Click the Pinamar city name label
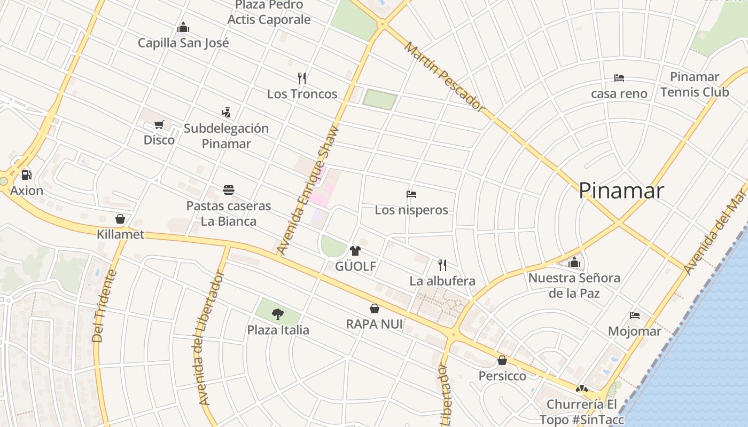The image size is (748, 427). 621,191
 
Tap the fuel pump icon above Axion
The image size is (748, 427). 26,175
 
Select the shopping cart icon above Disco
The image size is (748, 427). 159,124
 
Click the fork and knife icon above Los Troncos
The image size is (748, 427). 302,78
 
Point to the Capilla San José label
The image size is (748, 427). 183,43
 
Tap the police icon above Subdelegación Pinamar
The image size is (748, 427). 226,113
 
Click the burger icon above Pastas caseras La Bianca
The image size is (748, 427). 229,190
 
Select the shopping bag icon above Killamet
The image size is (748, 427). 120,219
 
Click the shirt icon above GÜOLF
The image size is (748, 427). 355,250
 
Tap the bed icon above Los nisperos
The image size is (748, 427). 411,194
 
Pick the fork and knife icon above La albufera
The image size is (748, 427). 442,265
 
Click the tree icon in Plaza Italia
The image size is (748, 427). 277,314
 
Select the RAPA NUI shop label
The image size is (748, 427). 374,324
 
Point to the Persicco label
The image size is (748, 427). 502,376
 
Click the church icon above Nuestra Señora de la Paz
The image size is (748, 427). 574,262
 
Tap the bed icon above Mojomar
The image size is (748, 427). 635,315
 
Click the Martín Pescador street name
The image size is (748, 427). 443,77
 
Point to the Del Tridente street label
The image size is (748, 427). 105,306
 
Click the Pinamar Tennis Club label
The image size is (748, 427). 694,84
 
